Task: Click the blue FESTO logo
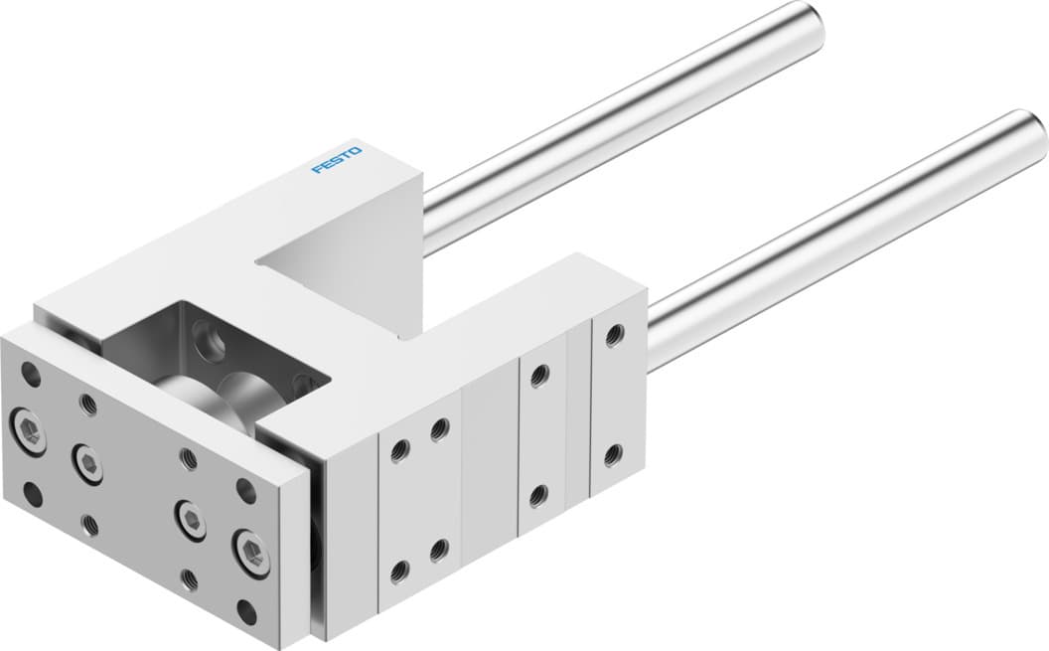click(x=338, y=160)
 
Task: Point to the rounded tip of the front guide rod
click(x=1027, y=127)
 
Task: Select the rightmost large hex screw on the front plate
click(x=249, y=547)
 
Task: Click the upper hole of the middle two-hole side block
click(x=539, y=375)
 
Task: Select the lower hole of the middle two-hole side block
click(x=538, y=494)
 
